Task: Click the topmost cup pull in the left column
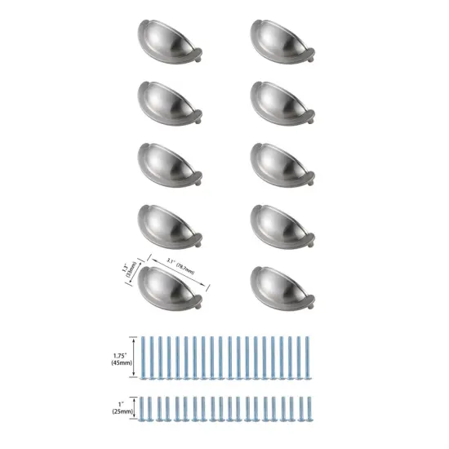(170, 42)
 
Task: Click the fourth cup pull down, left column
(170, 228)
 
